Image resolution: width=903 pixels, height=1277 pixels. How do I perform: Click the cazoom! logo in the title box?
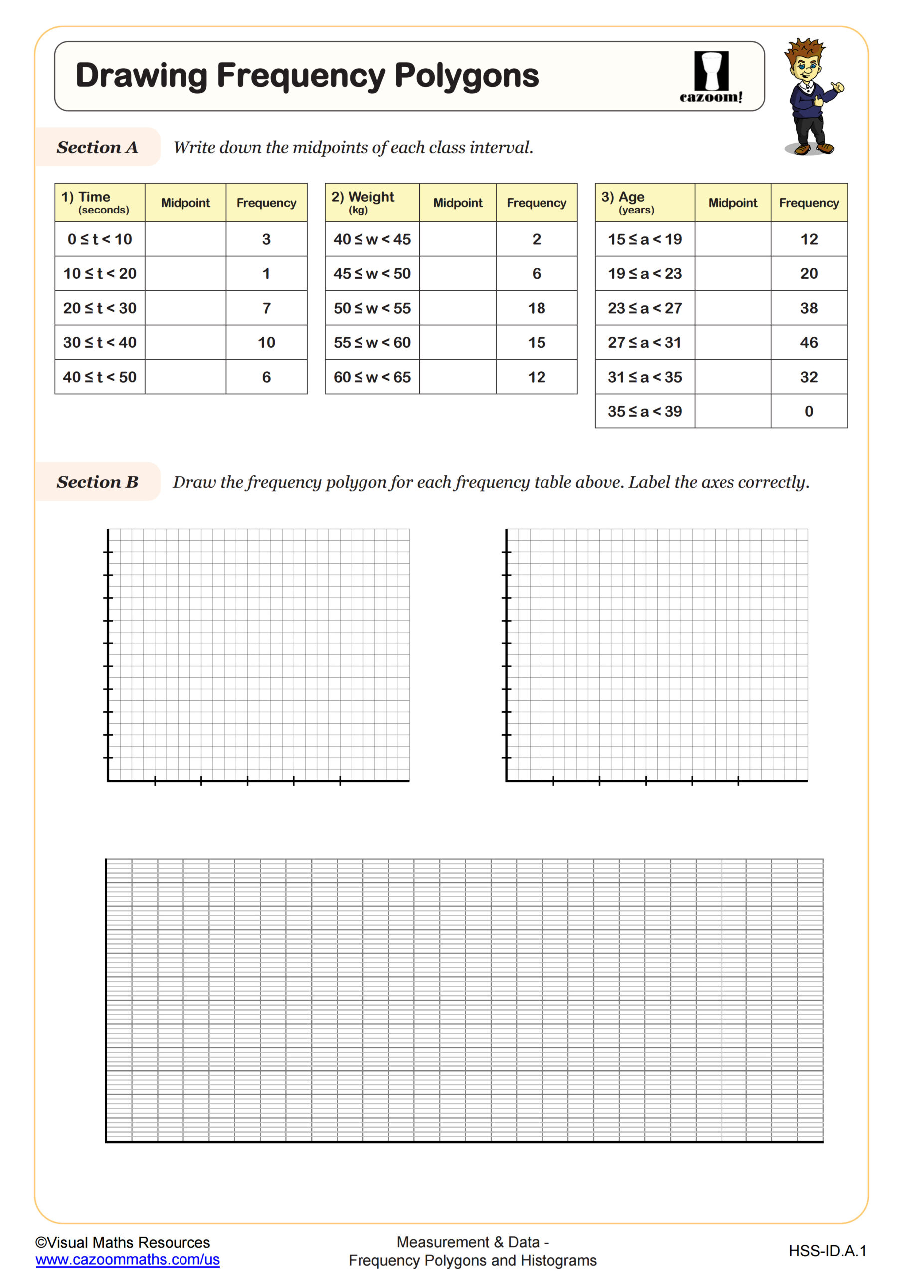coord(711,77)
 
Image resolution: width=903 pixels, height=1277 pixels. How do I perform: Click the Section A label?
coord(97,147)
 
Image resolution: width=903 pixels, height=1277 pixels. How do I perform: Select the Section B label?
coord(97,482)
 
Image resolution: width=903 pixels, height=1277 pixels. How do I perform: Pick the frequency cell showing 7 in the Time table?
coord(266,308)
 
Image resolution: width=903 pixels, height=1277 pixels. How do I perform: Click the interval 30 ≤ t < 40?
coord(100,343)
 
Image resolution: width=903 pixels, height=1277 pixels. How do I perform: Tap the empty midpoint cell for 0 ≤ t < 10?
coord(185,239)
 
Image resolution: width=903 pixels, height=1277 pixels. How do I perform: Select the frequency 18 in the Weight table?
coord(536,308)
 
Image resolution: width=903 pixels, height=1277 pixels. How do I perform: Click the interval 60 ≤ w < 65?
coord(372,377)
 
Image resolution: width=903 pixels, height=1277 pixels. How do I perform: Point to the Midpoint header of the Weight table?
coord(458,203)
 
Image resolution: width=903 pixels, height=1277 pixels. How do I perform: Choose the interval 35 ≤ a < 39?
coord(644,412)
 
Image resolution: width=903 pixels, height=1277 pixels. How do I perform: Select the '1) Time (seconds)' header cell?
coord(100,203)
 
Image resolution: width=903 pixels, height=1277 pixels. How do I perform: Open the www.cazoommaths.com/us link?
coord(127,1259)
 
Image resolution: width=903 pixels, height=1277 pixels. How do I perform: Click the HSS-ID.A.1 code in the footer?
coord(827,1251)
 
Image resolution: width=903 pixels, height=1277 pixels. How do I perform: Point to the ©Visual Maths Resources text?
coord(122,1242)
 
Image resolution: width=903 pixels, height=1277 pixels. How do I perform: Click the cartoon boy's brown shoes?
coord(813,148)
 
